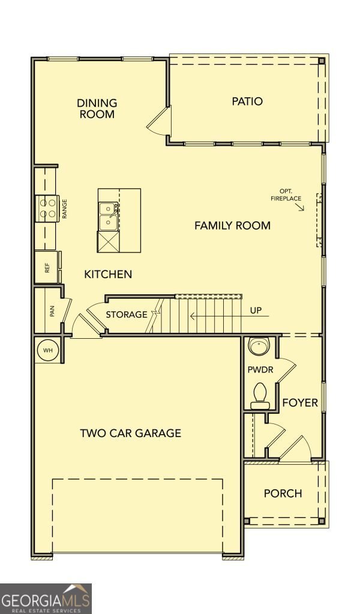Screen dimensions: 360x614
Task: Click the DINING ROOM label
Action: tap(97, 109)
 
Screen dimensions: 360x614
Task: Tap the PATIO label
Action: tap(247, 101)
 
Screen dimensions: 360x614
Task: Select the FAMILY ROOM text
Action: tap(232, 225)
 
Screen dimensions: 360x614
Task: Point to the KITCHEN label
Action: tap(108, 274)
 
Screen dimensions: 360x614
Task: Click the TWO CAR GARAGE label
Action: tap(130, 433)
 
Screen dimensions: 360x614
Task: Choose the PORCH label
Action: tap(283, 493)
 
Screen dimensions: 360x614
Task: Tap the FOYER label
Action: tap(300, 402)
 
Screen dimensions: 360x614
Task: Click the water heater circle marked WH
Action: tap(48, 350)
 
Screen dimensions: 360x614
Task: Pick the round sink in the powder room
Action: tap(259, 346)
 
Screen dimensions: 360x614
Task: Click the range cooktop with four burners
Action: tap(47, 209)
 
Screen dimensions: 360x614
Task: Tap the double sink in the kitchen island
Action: tap(108, 216)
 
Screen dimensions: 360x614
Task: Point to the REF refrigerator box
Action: tap(47, 267)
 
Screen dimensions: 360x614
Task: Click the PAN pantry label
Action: tap(52, 311)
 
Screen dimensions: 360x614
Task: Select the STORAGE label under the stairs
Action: tap(127, 314)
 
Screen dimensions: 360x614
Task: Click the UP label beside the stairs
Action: tap(256, 311)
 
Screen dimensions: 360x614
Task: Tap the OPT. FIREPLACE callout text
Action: tap(286, 195)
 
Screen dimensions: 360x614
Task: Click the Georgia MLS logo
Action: tap(46, 599)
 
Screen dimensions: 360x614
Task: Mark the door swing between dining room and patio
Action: tap(159, 122)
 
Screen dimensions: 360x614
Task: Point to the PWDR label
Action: tap(260, 369)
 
